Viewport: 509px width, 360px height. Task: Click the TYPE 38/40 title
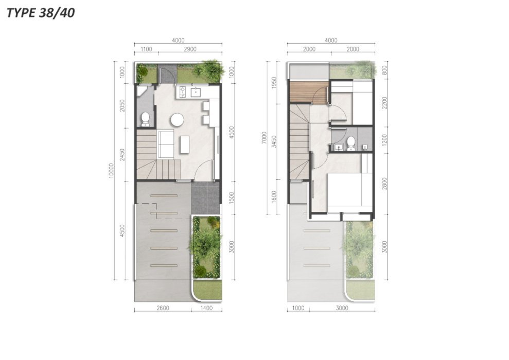pyautogui.click(x=41, y=13)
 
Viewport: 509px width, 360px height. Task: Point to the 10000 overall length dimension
pyautogui.click(x=111, y=170)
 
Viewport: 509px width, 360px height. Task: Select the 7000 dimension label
pyautogui.click(x=264, y=138)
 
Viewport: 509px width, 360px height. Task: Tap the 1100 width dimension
pyautogui.click(x=146, y=49)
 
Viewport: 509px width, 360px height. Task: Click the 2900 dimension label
pyautogui.click(x=190, y=49)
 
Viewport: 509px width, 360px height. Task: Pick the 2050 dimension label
pyautogui.click(x=122, y=106)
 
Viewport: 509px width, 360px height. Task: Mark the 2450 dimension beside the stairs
pyautogui.click(x=122, y=155)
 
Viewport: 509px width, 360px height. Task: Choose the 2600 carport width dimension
pyautogui.click(x=163, y=308)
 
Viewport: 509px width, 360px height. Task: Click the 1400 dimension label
pyautogui.click(x=206, y=308)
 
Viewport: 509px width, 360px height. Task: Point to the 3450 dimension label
pyautogui.click(x=275, y=142)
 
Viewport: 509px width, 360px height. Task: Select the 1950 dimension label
pyautogui.click(x=275, y=83)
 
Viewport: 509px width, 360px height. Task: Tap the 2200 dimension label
pyautogui.click(x=384, y=103)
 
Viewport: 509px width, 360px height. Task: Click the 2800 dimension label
pyautogui.click(x=384, y=184)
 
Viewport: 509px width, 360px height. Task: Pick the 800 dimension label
pyautogui.click(x=384, y=70)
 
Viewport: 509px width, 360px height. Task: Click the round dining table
pyautogui.click(x=177, y=119)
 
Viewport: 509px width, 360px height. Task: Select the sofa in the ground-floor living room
pyautogui.click(x=166, y=143)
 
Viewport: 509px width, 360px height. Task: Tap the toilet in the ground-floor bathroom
pyautogui.click(x=145, y=119)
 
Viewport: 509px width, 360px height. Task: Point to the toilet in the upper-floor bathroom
pyautogui.click(x=350, y=143)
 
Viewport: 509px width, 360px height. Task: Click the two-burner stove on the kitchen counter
pyautogui.click(x=182, y=92)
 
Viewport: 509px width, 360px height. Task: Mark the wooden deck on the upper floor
pyautogui.click(x=308, y=93)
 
